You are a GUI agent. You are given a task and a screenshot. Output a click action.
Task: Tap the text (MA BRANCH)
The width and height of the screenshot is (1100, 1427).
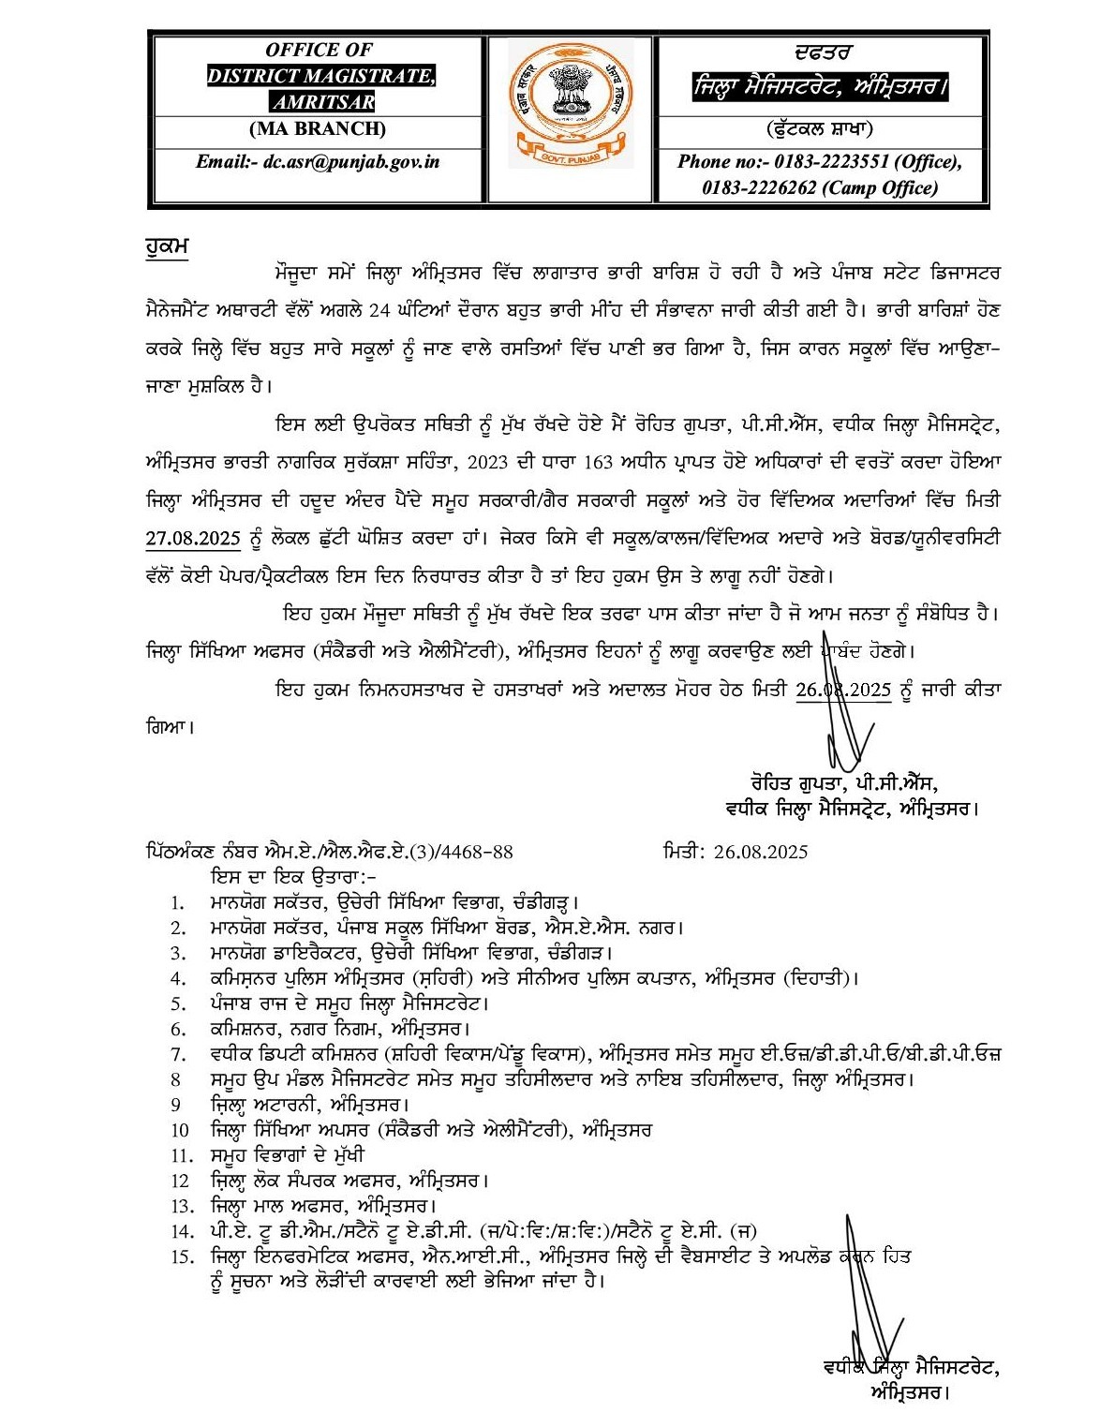317,128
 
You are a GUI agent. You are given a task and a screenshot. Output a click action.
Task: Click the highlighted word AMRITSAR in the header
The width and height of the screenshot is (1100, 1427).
323,102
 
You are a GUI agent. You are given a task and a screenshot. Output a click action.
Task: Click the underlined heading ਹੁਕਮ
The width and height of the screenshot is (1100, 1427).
168,246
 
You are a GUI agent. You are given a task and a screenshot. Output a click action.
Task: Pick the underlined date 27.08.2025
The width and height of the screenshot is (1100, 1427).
193,539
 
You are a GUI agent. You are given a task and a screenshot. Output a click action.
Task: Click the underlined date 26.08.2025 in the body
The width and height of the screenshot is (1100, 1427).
842,690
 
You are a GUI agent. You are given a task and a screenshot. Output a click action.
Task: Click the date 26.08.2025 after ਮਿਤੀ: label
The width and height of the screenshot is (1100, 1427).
761,852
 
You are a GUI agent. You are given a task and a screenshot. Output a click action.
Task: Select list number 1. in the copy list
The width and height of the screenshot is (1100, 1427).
178,903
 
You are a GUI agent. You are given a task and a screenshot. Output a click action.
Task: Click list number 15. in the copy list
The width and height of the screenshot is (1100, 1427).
181,1256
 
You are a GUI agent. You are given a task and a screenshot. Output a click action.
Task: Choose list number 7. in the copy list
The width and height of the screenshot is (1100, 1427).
176,1054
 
